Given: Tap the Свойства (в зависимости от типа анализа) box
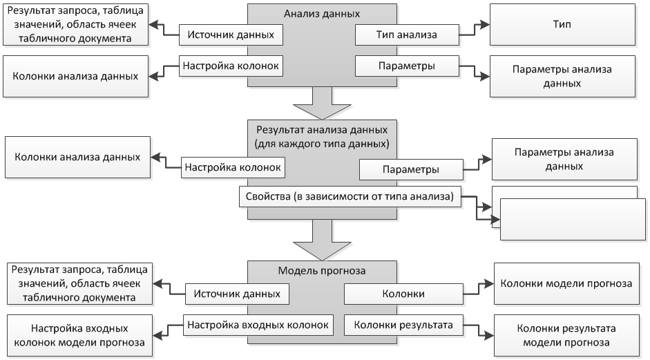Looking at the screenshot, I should pyautogui.click(x=350, y=197).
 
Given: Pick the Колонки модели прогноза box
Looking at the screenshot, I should pyautogui.click(x=566, y=283).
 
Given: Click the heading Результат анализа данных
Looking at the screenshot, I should pyautogui.click(x=322, y=129).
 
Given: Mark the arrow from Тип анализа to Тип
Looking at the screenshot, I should pyautogui.click(x=475, y=28).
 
